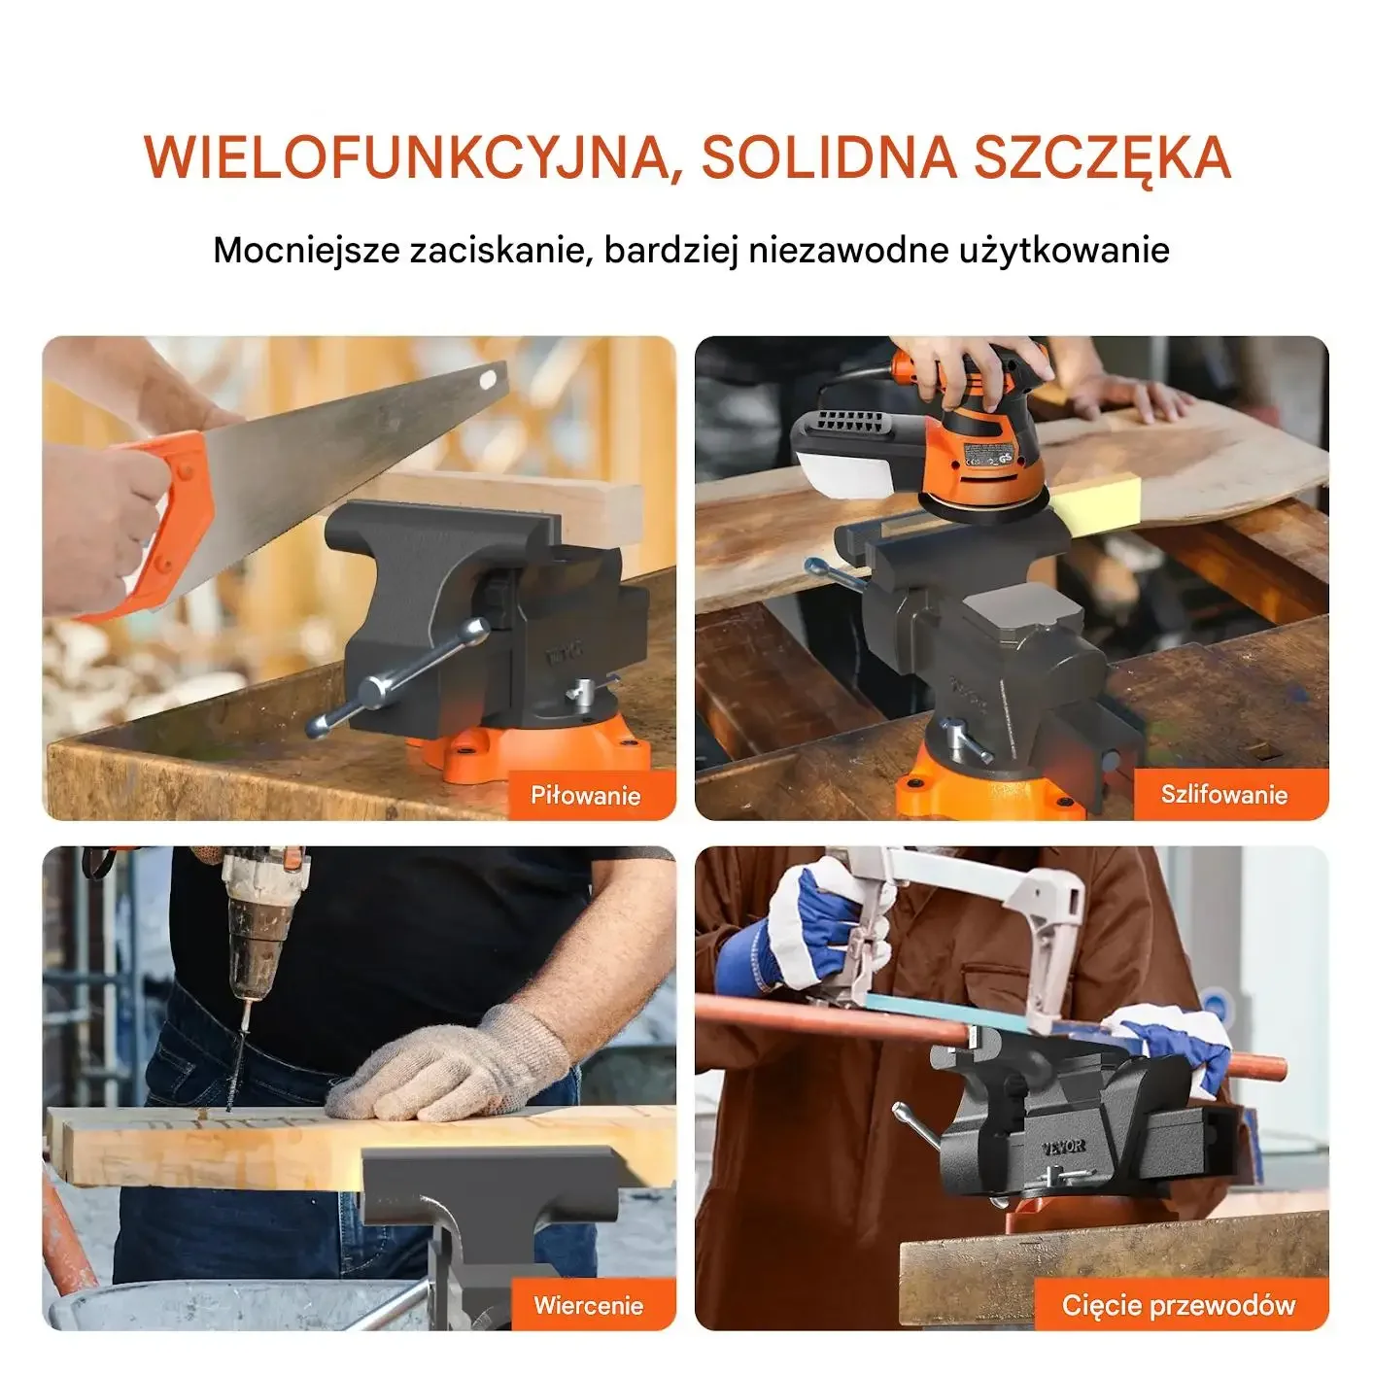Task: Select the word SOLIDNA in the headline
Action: [829, 156]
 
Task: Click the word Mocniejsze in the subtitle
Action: [306, 251]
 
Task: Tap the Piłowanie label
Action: [585, 795]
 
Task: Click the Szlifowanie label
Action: [1224, 794]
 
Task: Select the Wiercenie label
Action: [588, 1306]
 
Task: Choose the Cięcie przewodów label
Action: [1179, 1306]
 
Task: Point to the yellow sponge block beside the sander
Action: [1098, 502]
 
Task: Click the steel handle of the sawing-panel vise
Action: [396, 677]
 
